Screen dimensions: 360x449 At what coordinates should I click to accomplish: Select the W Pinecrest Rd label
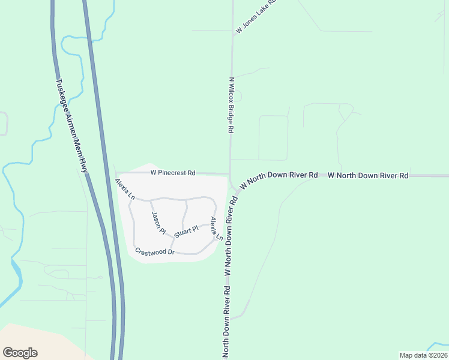173,173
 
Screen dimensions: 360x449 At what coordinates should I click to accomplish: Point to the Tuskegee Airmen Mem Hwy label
72,126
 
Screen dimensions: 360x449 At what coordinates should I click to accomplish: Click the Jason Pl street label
158,223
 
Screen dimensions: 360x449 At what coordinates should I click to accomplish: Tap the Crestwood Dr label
154,252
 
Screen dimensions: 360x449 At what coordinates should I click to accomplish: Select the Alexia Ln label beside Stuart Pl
215,229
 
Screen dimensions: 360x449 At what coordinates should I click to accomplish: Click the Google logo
20,353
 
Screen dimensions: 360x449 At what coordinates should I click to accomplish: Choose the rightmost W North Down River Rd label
368,175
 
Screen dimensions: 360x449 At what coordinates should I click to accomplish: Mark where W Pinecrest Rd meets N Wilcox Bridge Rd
230,174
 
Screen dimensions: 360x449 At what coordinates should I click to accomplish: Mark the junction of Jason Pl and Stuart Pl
173,239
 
